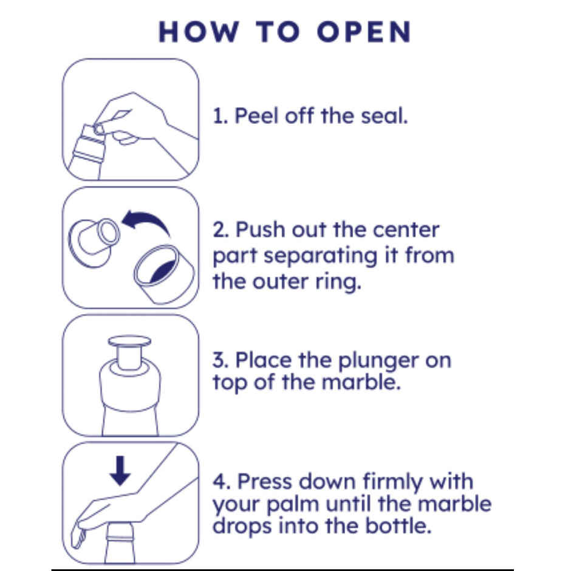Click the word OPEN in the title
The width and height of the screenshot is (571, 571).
[x=364, y=32]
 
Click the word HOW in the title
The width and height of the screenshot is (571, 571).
[x=199, y=32]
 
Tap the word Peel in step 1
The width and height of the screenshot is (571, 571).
[x=257, y=116]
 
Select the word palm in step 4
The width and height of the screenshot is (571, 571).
[x=293, y=504]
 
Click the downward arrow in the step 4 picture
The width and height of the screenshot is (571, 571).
[x=120, y=471]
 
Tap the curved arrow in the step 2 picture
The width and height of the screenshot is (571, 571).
[x=145, y=223]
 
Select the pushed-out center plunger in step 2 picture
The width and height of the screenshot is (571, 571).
[x=94, y=242]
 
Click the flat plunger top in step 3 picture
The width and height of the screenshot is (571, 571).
[x=129, y=341]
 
